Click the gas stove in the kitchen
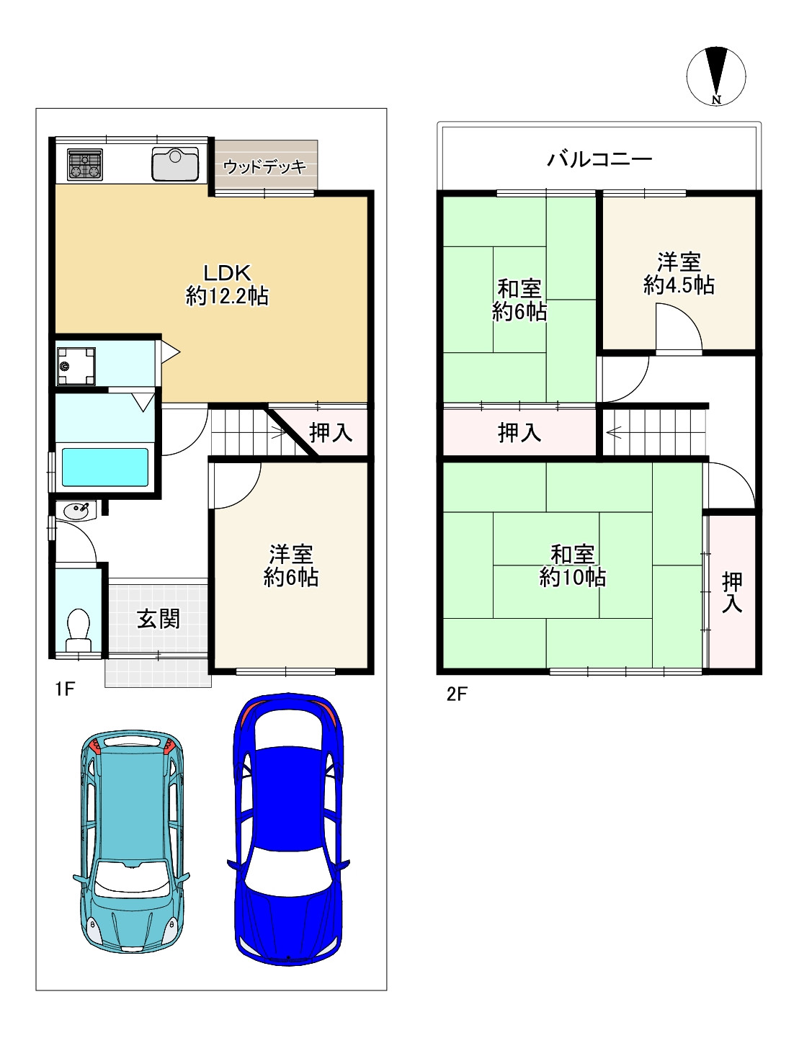click(85, 164)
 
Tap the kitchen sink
click(175, 164)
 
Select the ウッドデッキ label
click(264, 166)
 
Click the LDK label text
click(228, 273)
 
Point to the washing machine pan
click(76, 366)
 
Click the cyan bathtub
click(105, 467)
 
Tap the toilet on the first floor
click(79, 630)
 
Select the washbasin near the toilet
click(76, 511)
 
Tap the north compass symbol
click(716, 76)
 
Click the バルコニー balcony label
click(599, 159)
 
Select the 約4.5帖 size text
click(679, 285)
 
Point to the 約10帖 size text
click(573, 578)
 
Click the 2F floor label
click(457, 694)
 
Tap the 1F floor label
click(65, 689)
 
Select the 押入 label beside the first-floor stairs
click(331, 433)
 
